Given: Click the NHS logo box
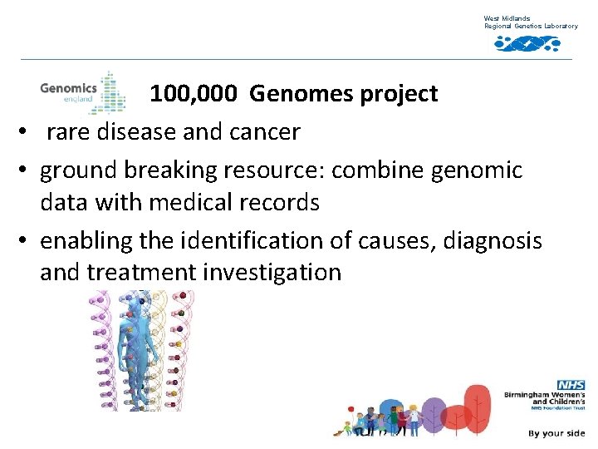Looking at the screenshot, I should click(x=571, y=385).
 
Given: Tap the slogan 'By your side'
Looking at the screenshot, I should click(x=556, y=433).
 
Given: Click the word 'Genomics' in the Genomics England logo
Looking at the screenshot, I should click(x=68, y=86).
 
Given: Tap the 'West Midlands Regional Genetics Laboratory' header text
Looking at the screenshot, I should click(x=531, y=22).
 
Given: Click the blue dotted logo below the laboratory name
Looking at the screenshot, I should click(x=527, y=43).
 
